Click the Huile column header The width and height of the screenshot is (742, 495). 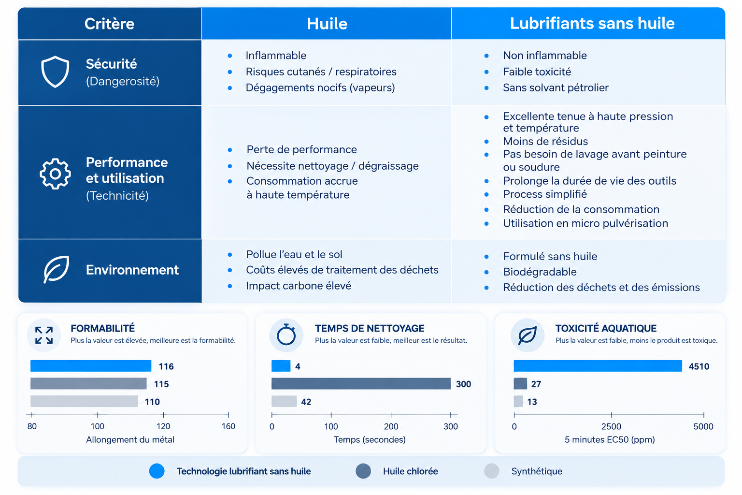(x=327, y=24)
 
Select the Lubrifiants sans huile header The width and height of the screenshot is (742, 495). (x=592, y=23)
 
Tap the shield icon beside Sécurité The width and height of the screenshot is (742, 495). (x=55, y=72)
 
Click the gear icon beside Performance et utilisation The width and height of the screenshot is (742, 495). (x=55, y=174)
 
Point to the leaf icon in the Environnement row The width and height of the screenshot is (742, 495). (x=57, y=269)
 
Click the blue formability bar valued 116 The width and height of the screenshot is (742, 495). (x=91, y=366)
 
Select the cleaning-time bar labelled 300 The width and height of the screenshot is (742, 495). (x=361, y=384)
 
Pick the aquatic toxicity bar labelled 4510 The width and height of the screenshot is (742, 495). (x=598, y=366)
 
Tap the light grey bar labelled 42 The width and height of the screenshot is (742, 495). (x=284, y=401)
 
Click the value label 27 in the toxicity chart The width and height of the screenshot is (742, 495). (x=536, y=384)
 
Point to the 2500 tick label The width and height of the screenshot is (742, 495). (x=611, y=426)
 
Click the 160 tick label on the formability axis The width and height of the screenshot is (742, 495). (x=228, y=426)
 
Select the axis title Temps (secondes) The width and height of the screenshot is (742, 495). (x=370, y=439)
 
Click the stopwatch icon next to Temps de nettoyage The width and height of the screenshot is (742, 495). (x=286, y=335)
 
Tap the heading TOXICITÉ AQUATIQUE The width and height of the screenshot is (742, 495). (x=606, y=328)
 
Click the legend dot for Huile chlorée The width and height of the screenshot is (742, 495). (x=363, y=471)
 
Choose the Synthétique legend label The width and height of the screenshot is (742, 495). (x=537, y=471)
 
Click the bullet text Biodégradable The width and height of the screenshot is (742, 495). (x=540, y=272)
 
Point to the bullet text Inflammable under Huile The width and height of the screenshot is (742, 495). (x=276, y=56)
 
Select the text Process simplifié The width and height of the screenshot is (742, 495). (x=545, y=194)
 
